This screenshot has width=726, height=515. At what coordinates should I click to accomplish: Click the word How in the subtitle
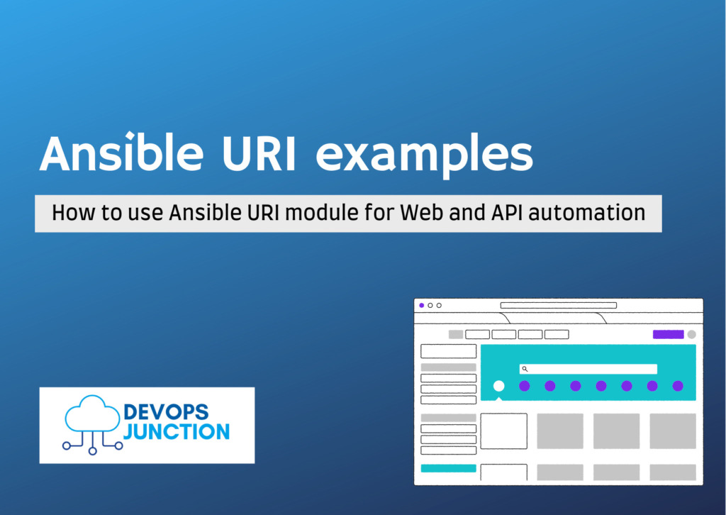(x=69, y=213)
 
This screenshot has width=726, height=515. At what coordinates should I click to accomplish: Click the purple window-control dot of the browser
(x=422, y=305)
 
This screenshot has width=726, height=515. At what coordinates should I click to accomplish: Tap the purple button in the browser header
(x=668, y=334)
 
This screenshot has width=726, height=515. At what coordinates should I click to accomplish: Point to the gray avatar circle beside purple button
(x=691, y=334)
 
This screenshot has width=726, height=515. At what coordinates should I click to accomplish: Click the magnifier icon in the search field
(x=525, y=369)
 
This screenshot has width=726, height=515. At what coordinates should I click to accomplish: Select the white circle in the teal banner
(x=498, y=386)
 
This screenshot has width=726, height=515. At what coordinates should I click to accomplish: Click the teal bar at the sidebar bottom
(x=448, y=468)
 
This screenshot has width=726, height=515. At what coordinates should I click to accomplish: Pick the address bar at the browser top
(x=559, y=305)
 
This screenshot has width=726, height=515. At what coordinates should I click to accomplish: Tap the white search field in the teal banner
(x=588, y=369)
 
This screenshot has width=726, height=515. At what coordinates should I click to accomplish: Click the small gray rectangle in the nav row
(x=455, y=334)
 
